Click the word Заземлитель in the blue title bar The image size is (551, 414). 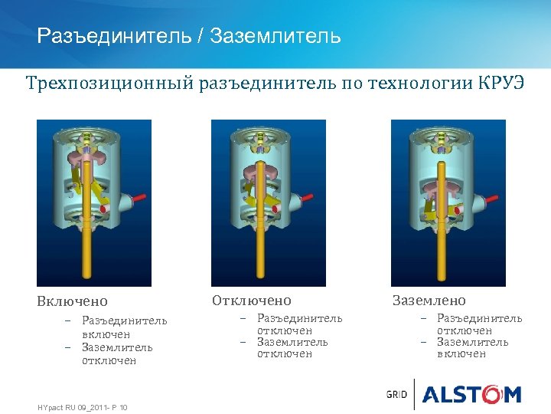pos(275,36)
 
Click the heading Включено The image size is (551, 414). pos(73,301)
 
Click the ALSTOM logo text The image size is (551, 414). pos(472,395)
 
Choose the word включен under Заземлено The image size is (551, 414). pos(461,354)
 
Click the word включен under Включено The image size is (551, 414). pos(106,335)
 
